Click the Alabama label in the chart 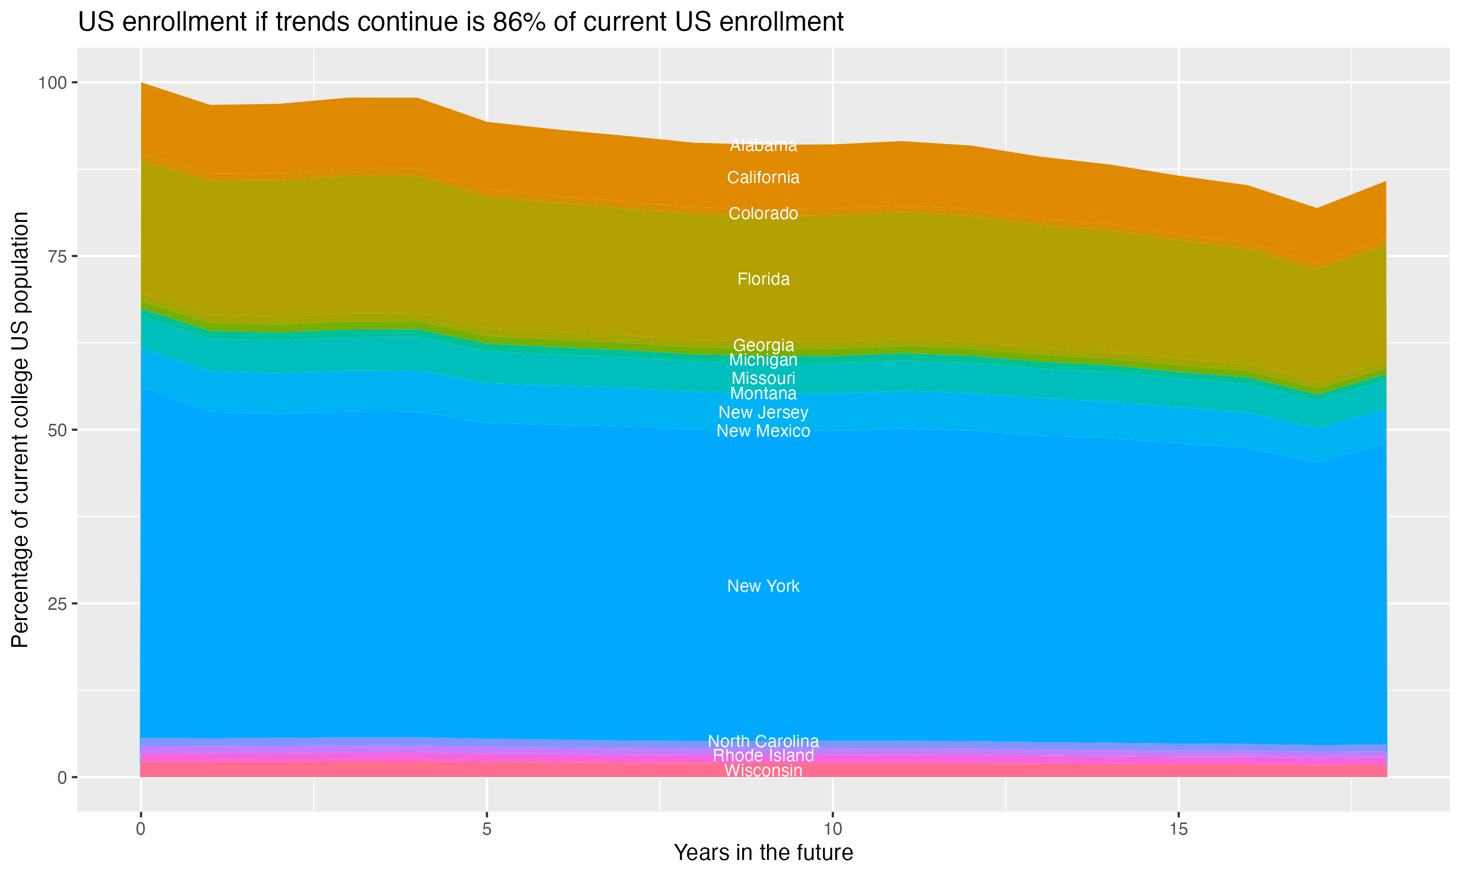coord(763,145)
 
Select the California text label coord(763,178)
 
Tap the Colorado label coord(763,214)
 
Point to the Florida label coord(763,279)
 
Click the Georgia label coord(763,346)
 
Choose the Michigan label coord(763,360)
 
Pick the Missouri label coord(763,378)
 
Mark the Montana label coord(763,394)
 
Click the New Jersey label coord(763,413)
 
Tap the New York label coord(763,586)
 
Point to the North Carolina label coord(763,741)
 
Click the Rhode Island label coord(763,756)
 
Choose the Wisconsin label coord(763,771)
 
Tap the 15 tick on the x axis coord(1178,829)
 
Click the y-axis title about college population coord(20,429)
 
